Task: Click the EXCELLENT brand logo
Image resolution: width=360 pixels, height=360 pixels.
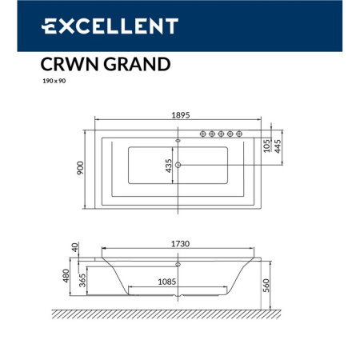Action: [109, 26]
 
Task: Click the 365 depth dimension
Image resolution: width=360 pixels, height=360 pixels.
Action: [85, 282]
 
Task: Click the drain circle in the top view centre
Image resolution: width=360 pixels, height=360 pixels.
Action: [178, 166]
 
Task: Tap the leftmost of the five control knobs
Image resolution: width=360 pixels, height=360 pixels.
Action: [202, 134]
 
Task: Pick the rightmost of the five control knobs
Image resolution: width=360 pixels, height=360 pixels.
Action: [239, 134]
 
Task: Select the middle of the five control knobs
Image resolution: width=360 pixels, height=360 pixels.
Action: [221, 134]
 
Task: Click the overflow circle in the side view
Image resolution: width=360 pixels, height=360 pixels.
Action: [178, 263]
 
